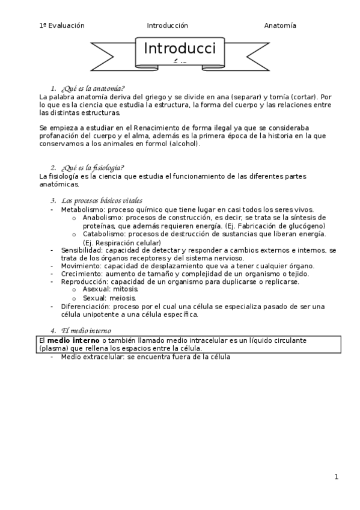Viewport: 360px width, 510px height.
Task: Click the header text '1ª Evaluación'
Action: (x=61, y=25)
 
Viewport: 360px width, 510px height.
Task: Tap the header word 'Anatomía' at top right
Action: (x=280, y=25)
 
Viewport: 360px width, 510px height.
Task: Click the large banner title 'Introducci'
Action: (x=180, y=48)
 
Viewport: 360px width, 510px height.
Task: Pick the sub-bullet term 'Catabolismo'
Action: (x=103, y=233)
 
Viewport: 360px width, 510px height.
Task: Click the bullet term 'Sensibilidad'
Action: (x=81, y=250)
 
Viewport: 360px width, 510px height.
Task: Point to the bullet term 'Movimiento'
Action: (x=81, y=266)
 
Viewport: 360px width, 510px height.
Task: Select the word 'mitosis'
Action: (x=124, y=289)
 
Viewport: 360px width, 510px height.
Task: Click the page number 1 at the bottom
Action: (x=337, y=477)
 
